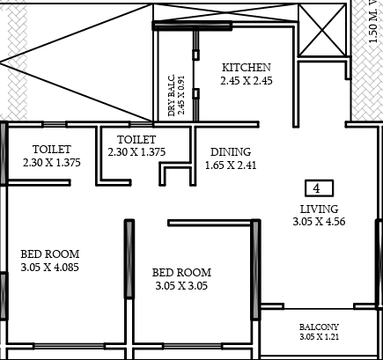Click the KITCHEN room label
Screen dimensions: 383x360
pos(247,68)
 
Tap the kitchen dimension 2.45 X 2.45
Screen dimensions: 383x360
pos(247,80)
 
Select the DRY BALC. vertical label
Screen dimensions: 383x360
pos(172,95)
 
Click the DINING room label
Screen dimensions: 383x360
pos(231,152)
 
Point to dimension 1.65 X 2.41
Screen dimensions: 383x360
pos(231,165)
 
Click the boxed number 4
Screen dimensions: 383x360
pos(320,188)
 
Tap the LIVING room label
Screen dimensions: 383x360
pos(319,209)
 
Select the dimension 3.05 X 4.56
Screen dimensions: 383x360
pos(319,222)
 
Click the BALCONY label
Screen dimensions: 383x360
pos(319,327)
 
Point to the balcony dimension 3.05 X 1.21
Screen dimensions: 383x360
pos(319,336)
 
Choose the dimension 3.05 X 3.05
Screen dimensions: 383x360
pos(181,285)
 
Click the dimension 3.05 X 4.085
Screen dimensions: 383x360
pos(50,268)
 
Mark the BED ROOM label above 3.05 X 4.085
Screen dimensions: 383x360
pos(50,254)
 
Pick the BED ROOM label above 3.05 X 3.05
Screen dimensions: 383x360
pos(181,273)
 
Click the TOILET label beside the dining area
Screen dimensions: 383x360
pos(136,139)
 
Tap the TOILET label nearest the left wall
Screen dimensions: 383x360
pos(52,150)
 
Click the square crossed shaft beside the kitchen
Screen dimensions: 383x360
pos(322,30)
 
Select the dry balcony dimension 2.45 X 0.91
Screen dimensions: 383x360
pos(181,95)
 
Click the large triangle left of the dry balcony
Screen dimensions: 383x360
pos(77,62)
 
